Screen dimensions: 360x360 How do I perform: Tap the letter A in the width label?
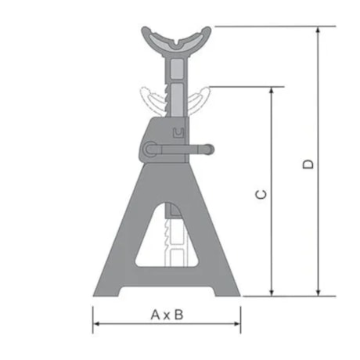pyautogui.click(x=155, y=315)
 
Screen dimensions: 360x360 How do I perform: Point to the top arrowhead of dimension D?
pyautogui.click(x=319, y=31)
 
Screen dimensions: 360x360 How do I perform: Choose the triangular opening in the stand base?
pyautogui.click(x=167, y=239)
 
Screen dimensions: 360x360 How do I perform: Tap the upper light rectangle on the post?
pyautogui.click(x=176, y=71)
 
